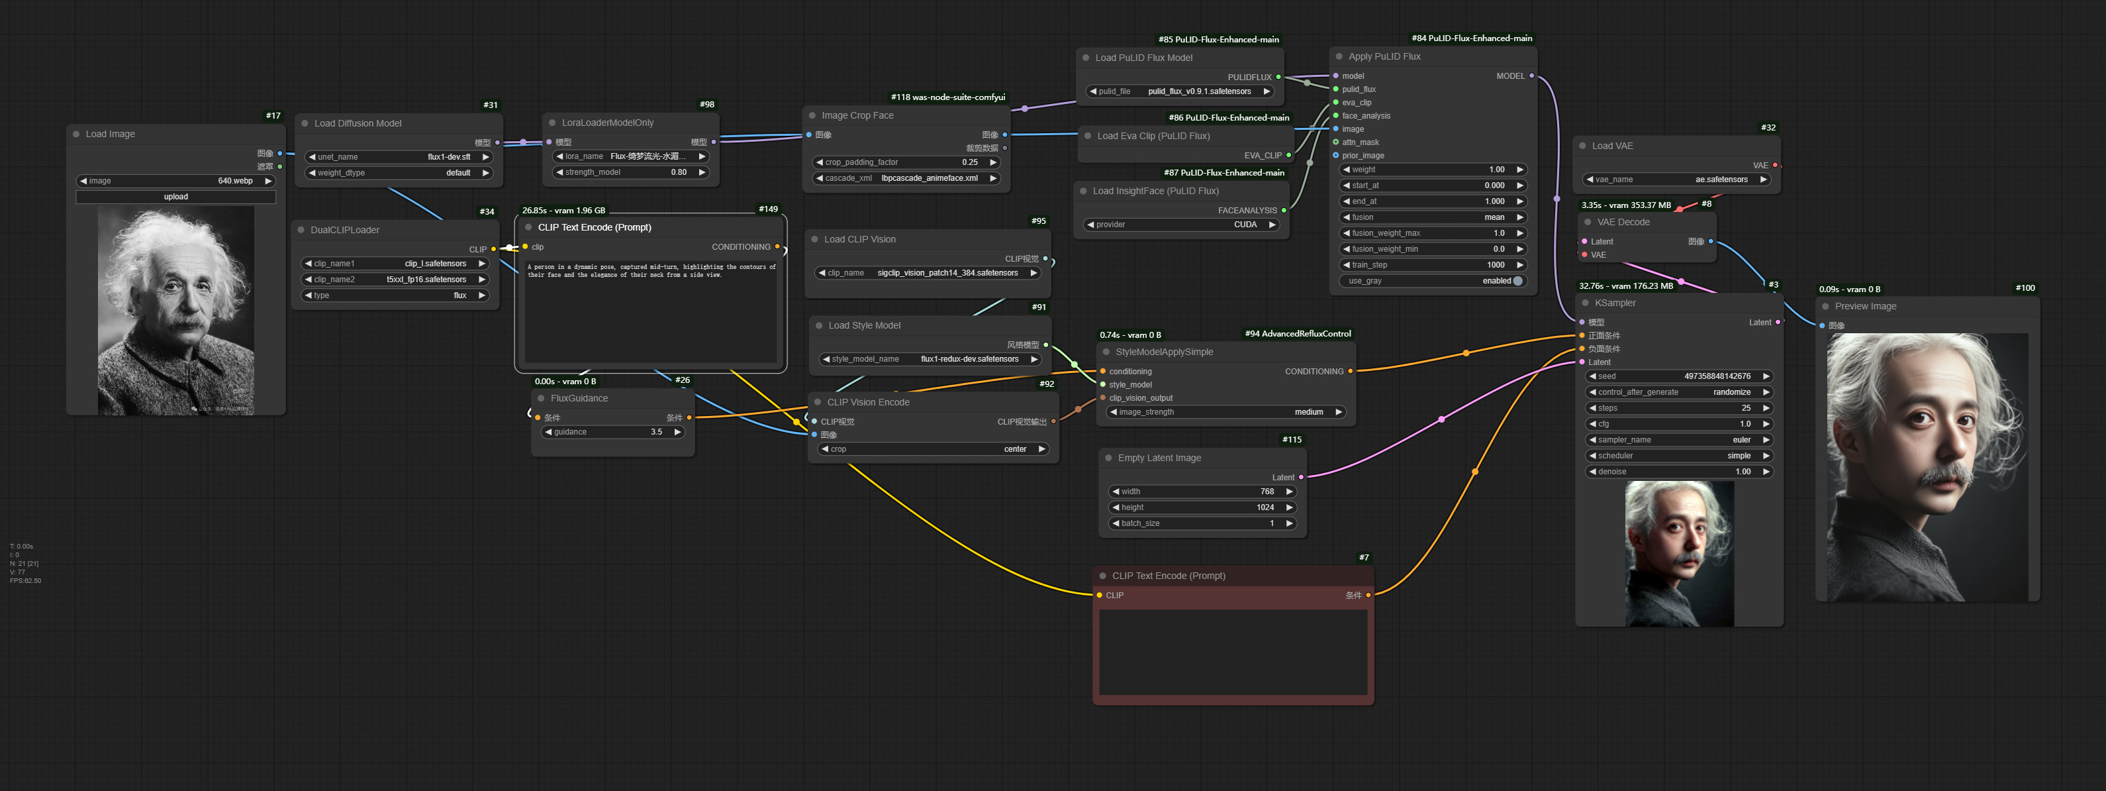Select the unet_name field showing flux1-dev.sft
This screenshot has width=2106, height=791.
click(398, 157)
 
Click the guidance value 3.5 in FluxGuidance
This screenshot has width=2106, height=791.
click(613, 432)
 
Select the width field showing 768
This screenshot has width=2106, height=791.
click(1202, 492)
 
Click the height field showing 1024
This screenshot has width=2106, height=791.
click(1202, 507)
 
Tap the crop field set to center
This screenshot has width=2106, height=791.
click(933, 449)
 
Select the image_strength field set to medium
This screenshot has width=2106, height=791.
click(1225, 412)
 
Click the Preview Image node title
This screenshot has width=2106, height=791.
click(1865, 307)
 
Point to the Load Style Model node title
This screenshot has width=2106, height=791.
click(863, 325)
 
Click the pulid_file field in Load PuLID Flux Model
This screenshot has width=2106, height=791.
click(1180, 91)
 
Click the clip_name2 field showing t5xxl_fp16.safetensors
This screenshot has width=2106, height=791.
click(395, 280)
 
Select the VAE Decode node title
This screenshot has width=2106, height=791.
click(1623, 223)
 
